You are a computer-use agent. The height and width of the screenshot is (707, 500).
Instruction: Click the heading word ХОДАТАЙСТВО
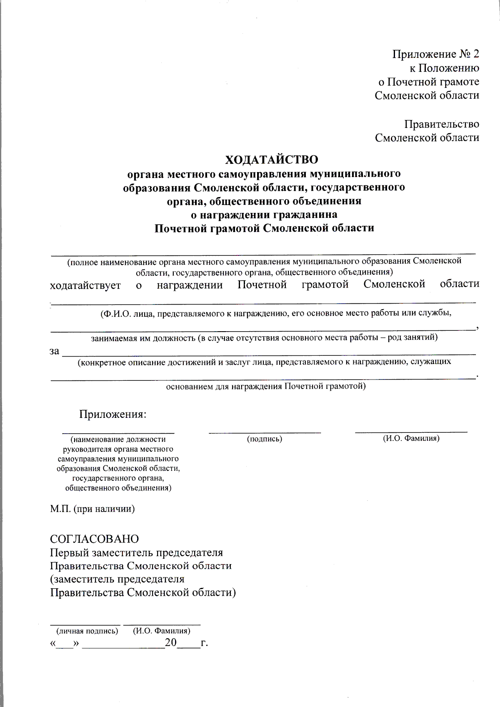[271, 160]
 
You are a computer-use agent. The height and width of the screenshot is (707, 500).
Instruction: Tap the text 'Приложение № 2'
[435, 54]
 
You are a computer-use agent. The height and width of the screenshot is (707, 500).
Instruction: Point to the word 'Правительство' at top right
[441, 124]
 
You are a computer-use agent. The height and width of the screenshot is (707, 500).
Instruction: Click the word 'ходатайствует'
[85, 285]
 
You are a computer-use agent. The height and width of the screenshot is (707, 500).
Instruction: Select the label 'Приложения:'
[113, 414]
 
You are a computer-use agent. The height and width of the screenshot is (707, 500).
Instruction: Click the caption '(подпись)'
[265, 439]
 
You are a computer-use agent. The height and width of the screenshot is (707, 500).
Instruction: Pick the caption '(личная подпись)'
[87, 631]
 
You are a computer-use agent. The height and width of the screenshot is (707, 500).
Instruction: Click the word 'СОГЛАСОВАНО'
[94, 539]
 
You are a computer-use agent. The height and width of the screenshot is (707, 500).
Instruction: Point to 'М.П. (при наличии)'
[92, 509]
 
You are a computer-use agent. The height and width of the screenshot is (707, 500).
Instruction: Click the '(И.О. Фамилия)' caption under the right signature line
[411, 438]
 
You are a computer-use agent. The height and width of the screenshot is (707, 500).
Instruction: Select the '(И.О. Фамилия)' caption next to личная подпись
[162, 631]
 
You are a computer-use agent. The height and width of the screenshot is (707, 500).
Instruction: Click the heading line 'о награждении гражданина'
[264, 215]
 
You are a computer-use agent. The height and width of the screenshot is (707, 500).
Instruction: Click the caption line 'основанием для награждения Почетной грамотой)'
[266, 386]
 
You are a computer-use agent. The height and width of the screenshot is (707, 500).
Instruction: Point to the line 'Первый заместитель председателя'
[136, 552]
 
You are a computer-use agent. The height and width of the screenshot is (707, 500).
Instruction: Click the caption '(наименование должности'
[118, 439]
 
